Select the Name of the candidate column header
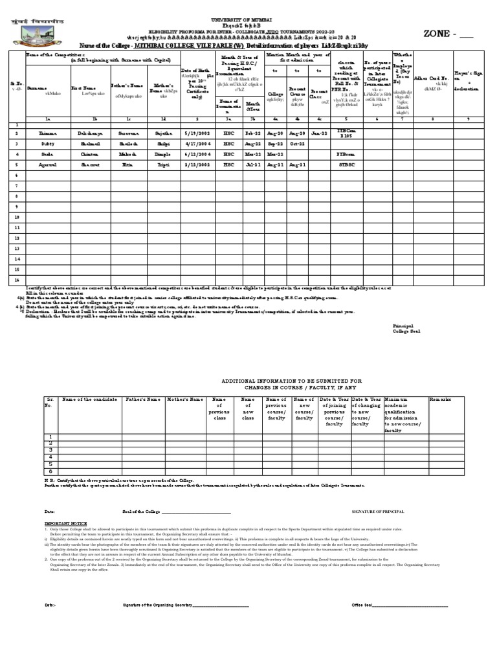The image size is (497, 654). [89, 400]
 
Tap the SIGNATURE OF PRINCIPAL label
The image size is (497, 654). [377, 512]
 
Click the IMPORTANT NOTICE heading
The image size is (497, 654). [64, 521]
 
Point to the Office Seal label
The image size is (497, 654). [362, 605]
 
